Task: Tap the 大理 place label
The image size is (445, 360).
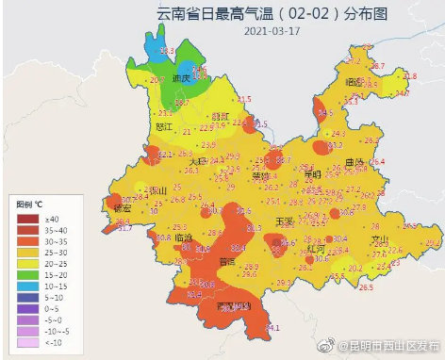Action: [196, 161]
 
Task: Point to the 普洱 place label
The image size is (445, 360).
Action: [227, 261]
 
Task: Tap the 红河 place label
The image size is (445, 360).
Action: [316, 248]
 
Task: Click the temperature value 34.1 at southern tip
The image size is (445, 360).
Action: [272, 328]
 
